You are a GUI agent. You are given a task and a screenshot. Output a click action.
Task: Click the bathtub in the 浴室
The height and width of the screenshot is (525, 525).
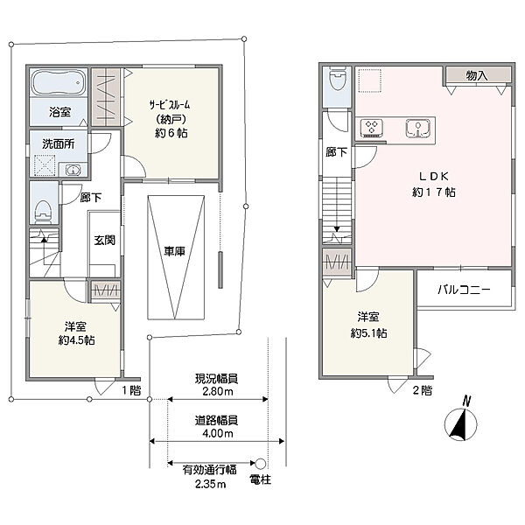coord(59,83)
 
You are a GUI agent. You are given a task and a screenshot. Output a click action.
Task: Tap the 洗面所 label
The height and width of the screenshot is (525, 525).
coord(59,144)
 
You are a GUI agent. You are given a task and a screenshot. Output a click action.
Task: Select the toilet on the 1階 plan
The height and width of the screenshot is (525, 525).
coord(44,212)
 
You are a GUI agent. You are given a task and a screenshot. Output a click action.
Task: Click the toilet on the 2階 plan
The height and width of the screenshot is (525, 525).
coord(337,78)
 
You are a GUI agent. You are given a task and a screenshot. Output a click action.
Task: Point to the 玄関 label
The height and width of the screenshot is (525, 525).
coord(104,240)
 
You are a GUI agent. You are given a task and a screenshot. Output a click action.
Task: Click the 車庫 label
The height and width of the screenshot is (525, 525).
coord(174,251)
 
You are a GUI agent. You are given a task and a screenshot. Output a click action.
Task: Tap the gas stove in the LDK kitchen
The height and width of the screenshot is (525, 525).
coord(372,128)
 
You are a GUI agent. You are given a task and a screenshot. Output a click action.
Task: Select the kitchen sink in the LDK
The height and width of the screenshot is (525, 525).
coord(418,128)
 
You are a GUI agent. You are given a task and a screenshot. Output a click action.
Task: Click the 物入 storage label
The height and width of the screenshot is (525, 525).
coord(477,75)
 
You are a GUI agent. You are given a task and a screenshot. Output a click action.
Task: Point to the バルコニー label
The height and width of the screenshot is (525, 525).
coord(464,290)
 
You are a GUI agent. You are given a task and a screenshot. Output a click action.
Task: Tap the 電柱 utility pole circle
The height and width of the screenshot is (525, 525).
coord(261,464)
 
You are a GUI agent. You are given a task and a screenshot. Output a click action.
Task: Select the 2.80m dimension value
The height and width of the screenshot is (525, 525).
coord(218,391)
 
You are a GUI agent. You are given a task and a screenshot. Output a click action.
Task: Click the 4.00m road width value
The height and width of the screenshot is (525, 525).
coord(218,434)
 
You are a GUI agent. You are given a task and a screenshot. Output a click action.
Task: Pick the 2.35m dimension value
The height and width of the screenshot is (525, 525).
coord(210,484)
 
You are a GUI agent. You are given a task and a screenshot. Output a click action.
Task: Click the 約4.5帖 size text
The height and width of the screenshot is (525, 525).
coord(76,340)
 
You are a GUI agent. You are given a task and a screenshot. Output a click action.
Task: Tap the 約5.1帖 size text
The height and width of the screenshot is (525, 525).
coord(368,333)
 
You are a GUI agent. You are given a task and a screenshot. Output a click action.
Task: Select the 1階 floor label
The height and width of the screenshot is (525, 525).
coord(131,390)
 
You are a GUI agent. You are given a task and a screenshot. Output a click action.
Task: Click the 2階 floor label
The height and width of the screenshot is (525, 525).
coord(423,390)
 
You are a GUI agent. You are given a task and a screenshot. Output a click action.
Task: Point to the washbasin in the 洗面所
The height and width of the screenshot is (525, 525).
coord(73,170)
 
